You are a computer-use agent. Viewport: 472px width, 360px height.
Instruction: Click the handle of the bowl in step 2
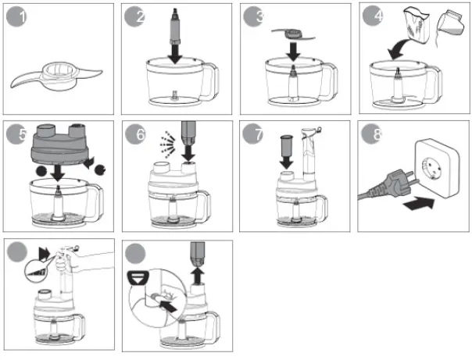(212, 80)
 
